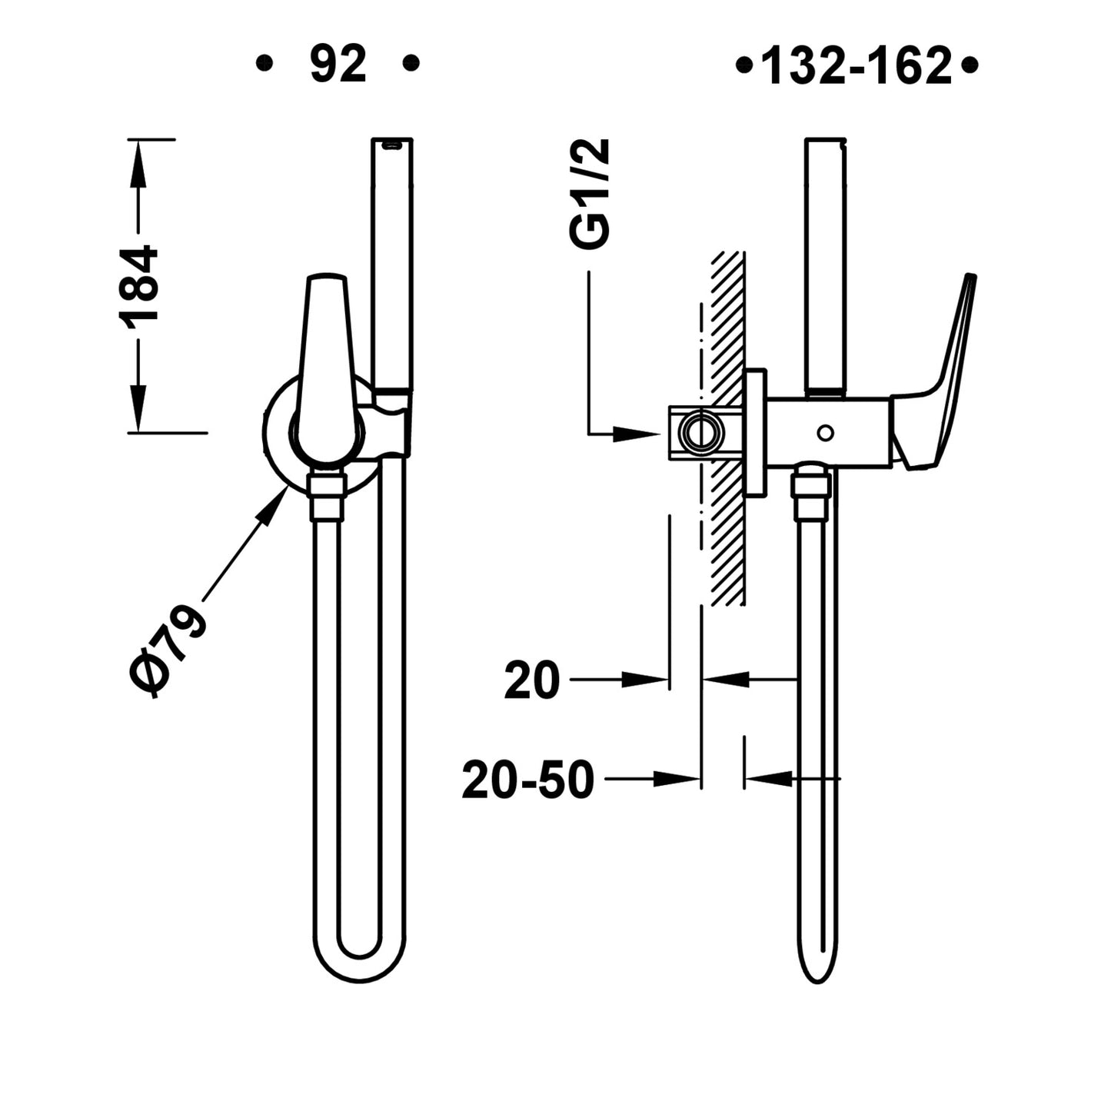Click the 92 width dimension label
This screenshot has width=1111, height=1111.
pos(338,65)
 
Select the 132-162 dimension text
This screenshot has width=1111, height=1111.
pos(856,66)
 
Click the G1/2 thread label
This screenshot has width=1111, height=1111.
pos(590,194)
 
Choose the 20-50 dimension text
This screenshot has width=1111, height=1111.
pos(528,780)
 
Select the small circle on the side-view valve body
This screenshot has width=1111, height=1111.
pos(825,433)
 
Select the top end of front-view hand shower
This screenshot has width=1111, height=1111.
pos(392,143)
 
